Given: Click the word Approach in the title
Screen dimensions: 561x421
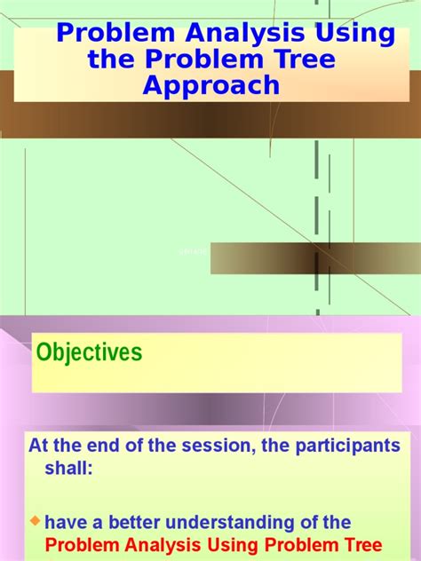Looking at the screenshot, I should (211, 85).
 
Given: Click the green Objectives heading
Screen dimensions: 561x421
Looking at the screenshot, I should (89, 352).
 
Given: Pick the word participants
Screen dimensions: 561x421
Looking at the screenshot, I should (351, 446).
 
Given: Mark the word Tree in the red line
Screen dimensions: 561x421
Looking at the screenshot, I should (360, 544).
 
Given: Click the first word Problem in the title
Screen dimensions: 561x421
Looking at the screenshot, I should (107, 35).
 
